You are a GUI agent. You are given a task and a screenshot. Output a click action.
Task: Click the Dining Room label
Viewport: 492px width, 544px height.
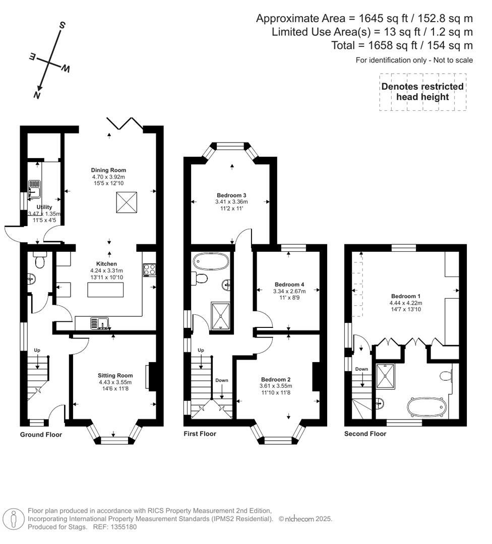coord(108,170)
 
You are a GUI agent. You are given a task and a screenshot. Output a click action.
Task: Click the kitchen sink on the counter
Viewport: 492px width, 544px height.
coord(100,323)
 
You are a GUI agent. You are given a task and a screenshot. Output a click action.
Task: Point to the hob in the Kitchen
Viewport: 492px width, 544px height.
coord(149,270)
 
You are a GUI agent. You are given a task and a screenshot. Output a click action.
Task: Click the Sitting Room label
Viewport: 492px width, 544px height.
coord(116,375)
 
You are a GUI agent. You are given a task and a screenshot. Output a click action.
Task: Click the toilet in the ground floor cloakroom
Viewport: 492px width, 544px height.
coord(39,260)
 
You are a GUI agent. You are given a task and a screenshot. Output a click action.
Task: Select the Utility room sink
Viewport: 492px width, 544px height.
coord(34,189)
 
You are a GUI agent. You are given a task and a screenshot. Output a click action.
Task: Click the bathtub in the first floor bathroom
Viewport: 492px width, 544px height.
coord(211,261)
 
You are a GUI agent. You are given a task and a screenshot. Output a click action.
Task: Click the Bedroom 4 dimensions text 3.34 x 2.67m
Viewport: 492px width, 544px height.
coord(288,291)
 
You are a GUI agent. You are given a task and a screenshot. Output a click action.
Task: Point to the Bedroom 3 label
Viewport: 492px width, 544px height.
coord(231,195)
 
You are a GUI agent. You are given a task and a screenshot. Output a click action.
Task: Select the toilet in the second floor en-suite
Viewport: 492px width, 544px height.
coord(446,376)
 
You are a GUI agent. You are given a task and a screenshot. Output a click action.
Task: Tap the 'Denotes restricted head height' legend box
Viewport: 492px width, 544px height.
coord(422,92)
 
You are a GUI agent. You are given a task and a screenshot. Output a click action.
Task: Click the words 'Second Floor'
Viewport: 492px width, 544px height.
coord(365,434)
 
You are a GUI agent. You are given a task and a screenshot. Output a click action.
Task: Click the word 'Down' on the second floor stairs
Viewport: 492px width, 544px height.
coord(361,369)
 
